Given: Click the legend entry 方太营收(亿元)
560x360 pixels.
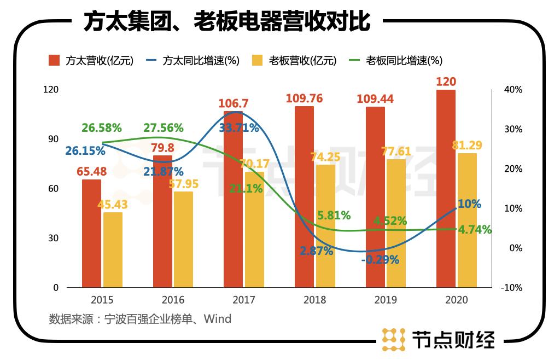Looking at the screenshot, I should point(90,61).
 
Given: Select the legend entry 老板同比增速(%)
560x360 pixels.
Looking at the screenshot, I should point(396,61).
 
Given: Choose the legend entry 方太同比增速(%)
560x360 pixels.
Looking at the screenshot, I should point(194,61).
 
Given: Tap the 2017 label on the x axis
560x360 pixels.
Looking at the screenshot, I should point(244,300).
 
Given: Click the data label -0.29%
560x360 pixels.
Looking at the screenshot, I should point(380,260).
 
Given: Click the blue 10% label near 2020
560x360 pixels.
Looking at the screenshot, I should point(469,204).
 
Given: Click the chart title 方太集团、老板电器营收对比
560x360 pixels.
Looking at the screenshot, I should point(227,22).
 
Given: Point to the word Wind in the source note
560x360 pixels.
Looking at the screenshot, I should point(218,318).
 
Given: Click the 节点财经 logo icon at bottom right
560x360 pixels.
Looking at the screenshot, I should point(393,339).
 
